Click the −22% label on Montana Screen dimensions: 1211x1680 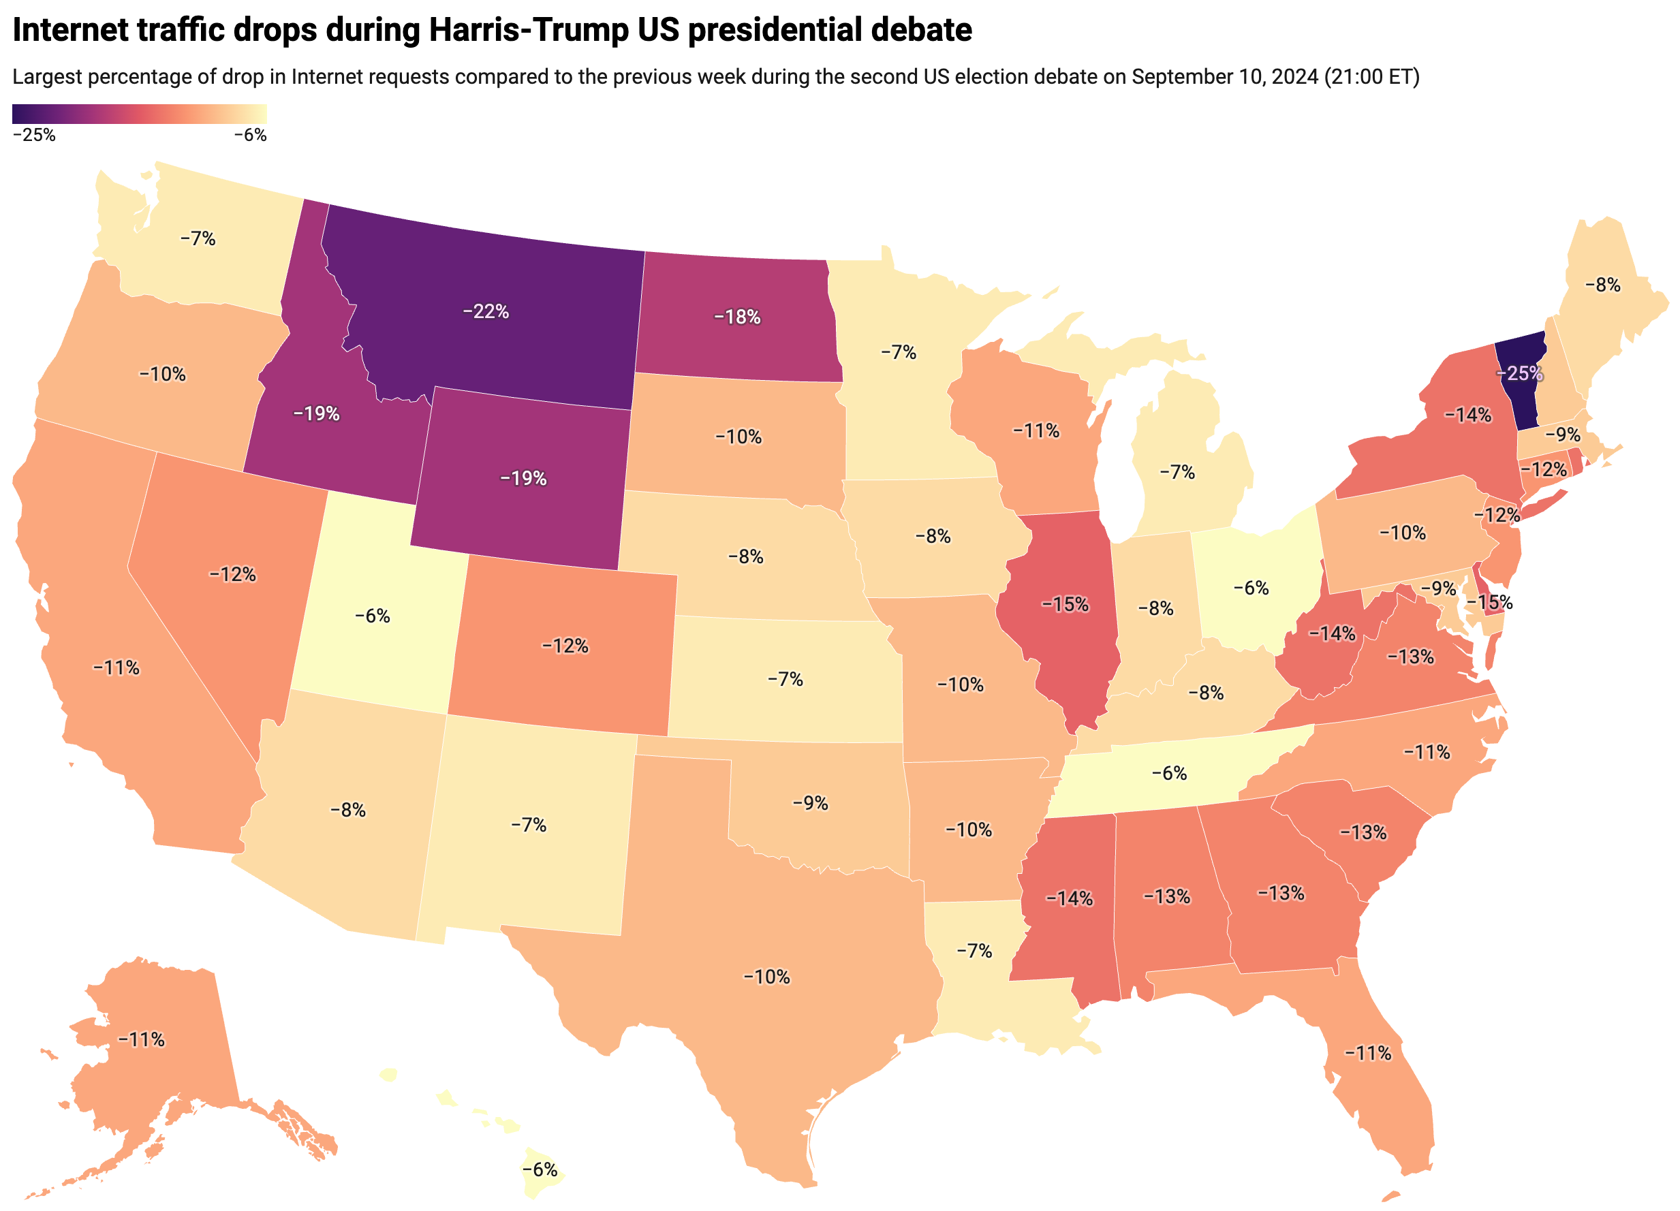(485, 312)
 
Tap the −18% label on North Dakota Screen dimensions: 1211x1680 (737, 317)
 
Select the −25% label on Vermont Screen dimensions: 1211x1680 (1519, 373)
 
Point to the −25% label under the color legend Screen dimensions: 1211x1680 (34, 135)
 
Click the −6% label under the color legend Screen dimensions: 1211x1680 (251, 135)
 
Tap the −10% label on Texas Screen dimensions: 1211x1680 (766, 977)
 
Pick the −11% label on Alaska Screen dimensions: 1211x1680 (142, 1040)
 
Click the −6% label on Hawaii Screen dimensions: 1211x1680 (540, 1169)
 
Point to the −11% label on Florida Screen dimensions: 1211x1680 (1368, 1053)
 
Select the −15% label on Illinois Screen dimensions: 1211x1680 (1065, 605)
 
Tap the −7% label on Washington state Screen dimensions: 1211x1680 (198, 238)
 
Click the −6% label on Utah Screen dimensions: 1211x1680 (373, 616)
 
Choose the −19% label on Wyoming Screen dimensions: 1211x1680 (524, 479)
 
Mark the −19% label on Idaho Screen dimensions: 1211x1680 (316, 413)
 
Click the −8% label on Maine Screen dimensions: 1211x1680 (1603, 285)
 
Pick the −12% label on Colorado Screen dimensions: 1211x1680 (565, 646)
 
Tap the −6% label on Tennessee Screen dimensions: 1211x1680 (1170, 773)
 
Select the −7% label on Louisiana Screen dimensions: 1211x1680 (974, 951)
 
